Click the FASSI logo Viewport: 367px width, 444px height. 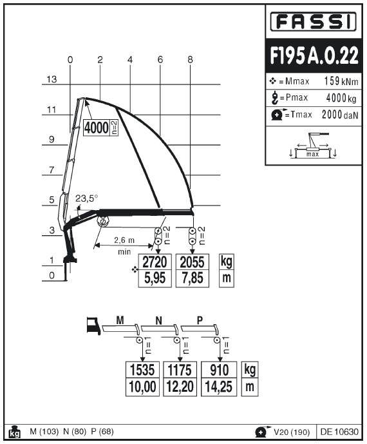[313, 21]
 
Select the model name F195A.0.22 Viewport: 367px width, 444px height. [314, 55]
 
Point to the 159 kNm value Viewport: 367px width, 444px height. [341, 81]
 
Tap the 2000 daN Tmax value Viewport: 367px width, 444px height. [340, 115]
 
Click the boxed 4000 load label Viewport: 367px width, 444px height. [97, 128]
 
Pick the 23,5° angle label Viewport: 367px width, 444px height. [86, 198]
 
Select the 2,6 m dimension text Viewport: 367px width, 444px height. [124, 240]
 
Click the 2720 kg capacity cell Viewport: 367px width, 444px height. [155, 262]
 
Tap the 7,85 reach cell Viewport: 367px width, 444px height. [193, 278]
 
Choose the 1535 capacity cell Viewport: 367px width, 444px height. [142, 370]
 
